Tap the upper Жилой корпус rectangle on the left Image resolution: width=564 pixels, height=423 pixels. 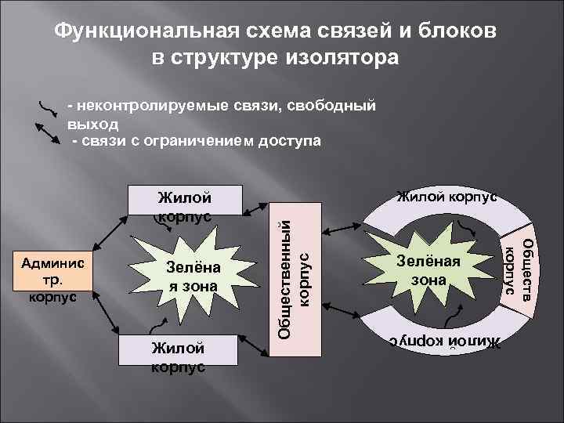pyautogui.click(x=186, y=202)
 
